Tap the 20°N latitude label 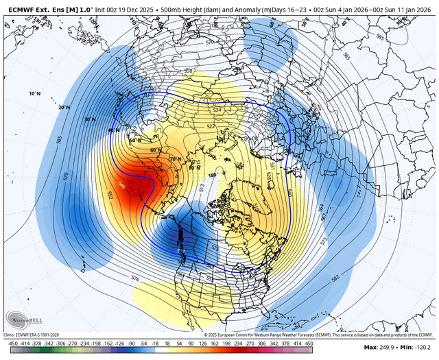pos(64,107)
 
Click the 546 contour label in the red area pos(122,184)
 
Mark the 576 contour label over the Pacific pos(135,280)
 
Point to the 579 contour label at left pos(47,176)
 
